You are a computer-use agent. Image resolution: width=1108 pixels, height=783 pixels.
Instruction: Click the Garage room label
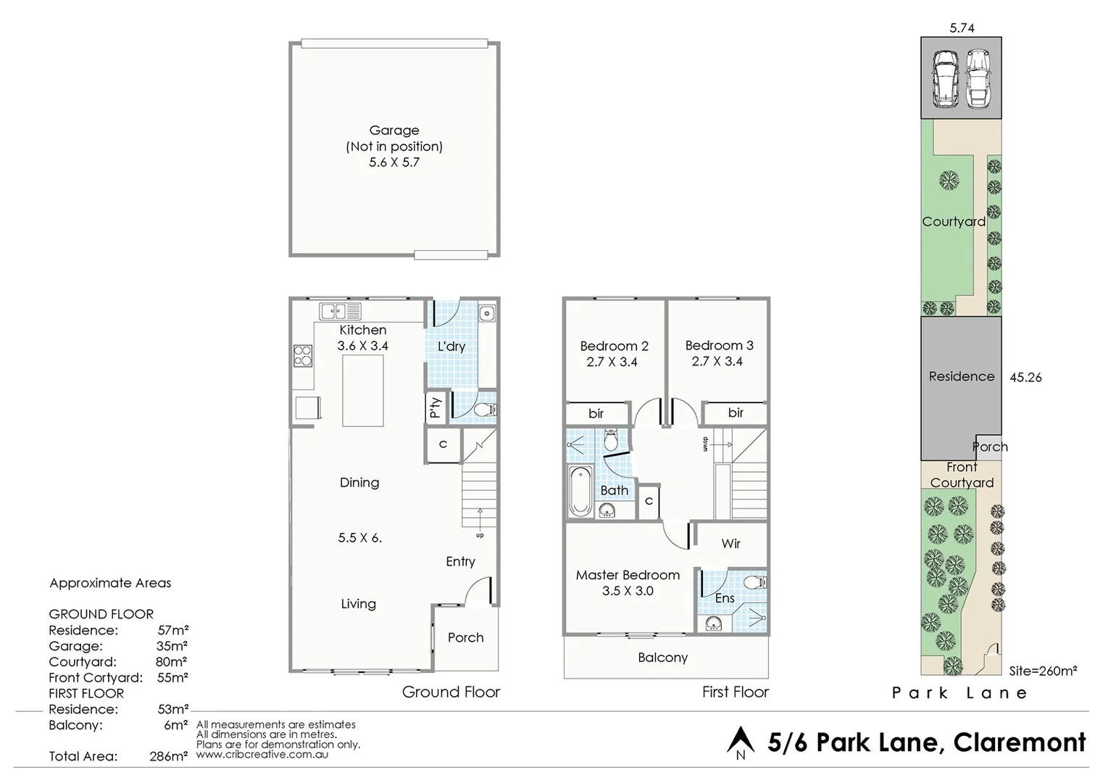394,130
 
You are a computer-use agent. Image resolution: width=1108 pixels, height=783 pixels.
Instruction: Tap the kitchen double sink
340,312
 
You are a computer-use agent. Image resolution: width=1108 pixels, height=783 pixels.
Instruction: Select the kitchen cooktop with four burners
303,356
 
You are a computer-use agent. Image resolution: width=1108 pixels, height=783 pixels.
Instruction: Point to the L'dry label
451,347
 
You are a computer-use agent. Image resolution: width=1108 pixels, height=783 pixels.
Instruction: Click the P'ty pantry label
435,407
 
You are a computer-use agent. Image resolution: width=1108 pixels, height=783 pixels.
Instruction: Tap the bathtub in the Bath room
580,492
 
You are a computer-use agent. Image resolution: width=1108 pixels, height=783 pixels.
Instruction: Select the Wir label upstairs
730,544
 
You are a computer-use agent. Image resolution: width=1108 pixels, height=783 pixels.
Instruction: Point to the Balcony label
662,658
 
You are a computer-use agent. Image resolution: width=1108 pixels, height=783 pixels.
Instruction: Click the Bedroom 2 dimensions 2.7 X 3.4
612,362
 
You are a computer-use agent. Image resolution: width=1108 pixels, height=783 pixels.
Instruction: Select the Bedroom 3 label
719,345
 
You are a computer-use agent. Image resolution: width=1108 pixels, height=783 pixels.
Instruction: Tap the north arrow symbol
741,742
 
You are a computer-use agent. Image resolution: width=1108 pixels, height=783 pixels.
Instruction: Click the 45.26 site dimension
1025,377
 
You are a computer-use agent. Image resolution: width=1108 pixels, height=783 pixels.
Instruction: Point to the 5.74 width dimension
962,28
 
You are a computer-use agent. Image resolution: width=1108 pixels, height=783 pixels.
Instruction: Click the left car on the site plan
945,78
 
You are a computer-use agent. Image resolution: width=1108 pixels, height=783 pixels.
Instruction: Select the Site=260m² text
1043,671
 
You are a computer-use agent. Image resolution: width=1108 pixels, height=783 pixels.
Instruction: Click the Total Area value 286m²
169,756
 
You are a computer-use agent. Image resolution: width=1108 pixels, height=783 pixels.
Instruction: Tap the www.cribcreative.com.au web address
262,754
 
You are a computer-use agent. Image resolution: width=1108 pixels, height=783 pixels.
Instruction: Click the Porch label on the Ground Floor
465,637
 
